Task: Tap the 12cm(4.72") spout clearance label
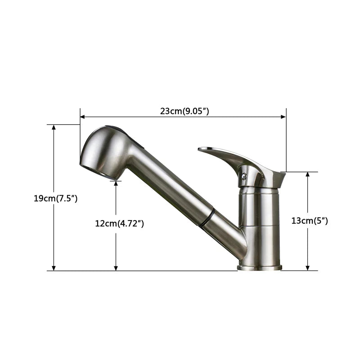click(119, 223)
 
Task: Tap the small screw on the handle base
click(244, 176)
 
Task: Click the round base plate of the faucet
click(259, 267)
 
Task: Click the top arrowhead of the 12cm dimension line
click(116, 183)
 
